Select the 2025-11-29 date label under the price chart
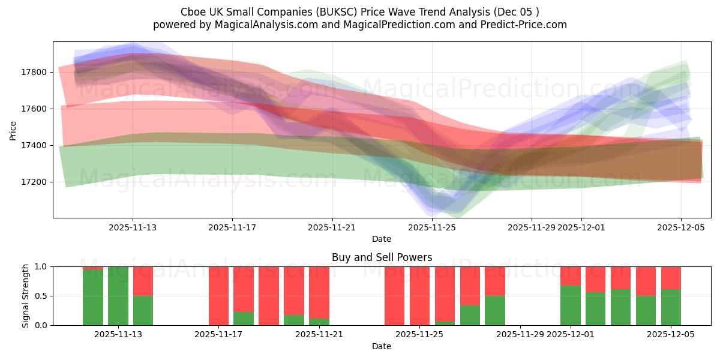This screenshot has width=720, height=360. click(x=532, y=227)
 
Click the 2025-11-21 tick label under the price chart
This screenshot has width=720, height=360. click(x=332, y=227)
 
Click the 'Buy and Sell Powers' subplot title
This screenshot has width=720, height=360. click(x=382, y=257)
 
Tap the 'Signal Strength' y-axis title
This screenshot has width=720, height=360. click(x=25, y=296)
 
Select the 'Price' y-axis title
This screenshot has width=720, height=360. click(x=13, y=130)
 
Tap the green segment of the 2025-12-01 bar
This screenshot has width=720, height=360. click(x=570, y=306)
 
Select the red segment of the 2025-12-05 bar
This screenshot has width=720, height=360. click(x=671, y=278)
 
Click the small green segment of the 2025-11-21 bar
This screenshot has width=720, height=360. click(x=319, y=322)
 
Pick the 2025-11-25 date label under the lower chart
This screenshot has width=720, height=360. click(x=419, y=335)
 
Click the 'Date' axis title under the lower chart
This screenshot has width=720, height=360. click(x=382, y=346)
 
